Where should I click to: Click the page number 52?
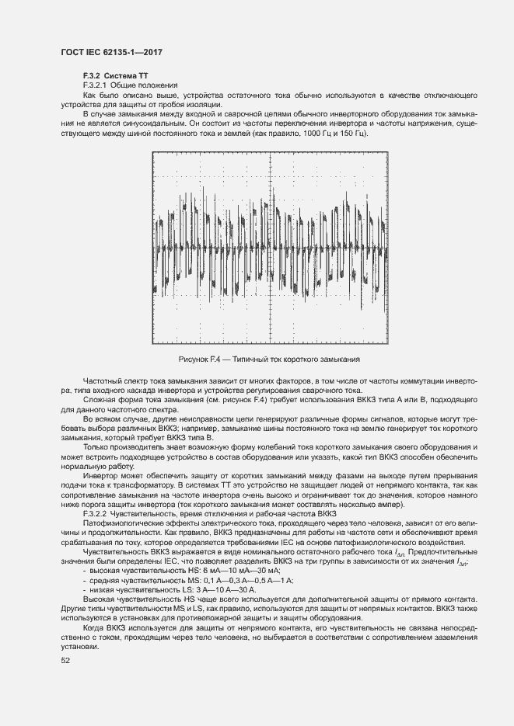[x=65, y=660]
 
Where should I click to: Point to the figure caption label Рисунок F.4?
[x=198, y=360]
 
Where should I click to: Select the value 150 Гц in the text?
[x=348, y=133]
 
